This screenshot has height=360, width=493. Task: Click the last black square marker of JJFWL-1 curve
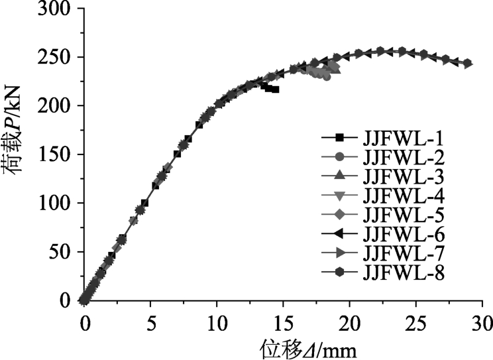tap(275, 89)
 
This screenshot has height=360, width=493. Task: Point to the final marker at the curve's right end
tap(467, 64)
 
